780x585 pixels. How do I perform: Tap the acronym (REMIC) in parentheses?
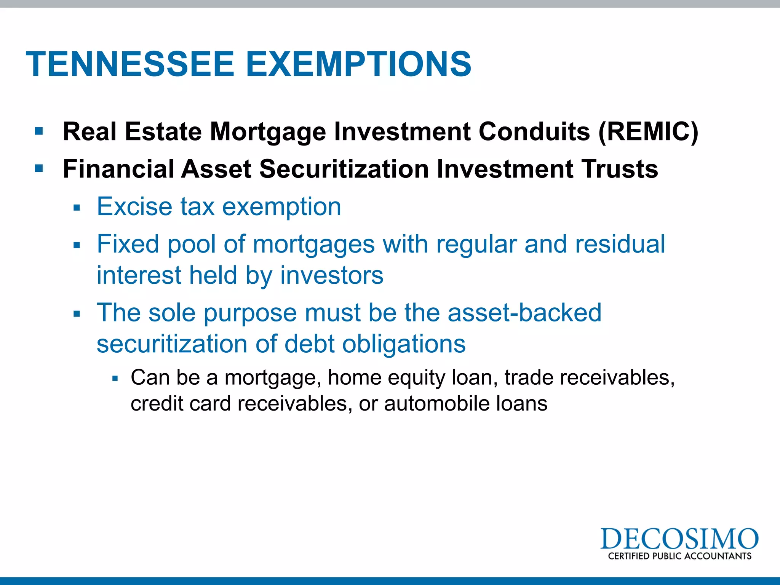point(648,132)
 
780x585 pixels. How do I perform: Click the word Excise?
point(134,207)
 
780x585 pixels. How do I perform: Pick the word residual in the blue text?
point(620,244)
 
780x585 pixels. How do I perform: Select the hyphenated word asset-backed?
point(524,313)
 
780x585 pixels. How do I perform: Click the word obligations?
point(404,344)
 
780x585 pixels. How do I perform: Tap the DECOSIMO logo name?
point(679,539)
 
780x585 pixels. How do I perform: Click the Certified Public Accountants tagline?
point(679,556)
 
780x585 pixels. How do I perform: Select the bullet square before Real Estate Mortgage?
point(39,131)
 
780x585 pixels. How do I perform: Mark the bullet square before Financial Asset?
point(39,168)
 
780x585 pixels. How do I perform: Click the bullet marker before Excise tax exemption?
point(77,208)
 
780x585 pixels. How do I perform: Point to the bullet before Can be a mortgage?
point(115,379)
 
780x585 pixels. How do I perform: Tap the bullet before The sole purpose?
point(77,314)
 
